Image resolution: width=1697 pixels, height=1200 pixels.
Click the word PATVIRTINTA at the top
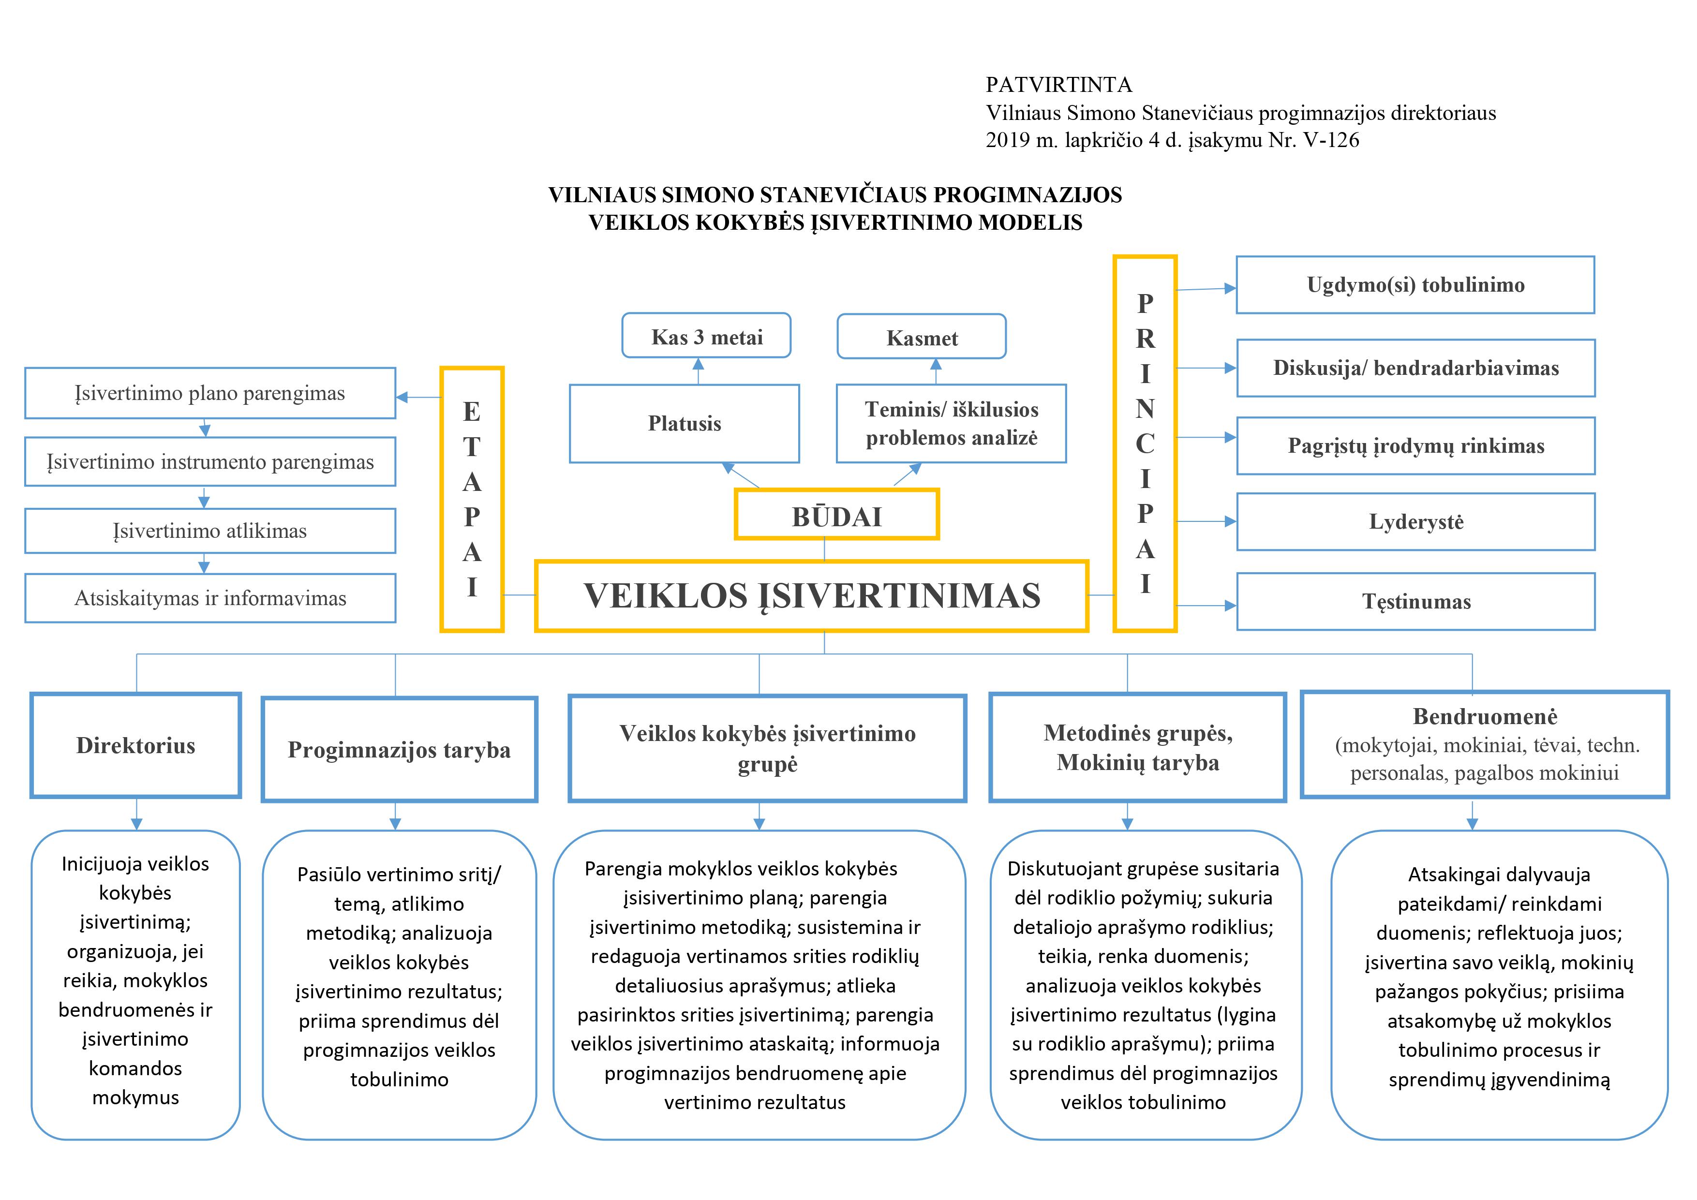[1058, 85]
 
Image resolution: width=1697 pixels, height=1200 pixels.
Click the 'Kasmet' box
[921, 338]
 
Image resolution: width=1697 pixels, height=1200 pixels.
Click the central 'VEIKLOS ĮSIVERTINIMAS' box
[812, 595]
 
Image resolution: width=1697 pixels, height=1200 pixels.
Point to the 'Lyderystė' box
[1415, 522]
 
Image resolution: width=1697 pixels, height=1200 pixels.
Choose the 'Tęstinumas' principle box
[1415, 602]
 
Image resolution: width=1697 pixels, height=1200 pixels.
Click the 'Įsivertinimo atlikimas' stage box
[210, 531]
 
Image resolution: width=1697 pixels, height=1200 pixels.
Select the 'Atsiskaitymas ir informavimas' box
[210, 598]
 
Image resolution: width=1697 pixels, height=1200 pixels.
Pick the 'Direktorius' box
[136, 745]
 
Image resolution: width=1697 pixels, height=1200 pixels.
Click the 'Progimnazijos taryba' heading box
[399, 749]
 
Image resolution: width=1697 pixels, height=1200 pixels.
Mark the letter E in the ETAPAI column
[472, 412]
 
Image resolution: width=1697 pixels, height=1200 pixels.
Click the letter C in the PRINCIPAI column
[1145, 444]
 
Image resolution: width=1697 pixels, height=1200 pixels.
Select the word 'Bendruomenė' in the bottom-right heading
[1485, 716]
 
